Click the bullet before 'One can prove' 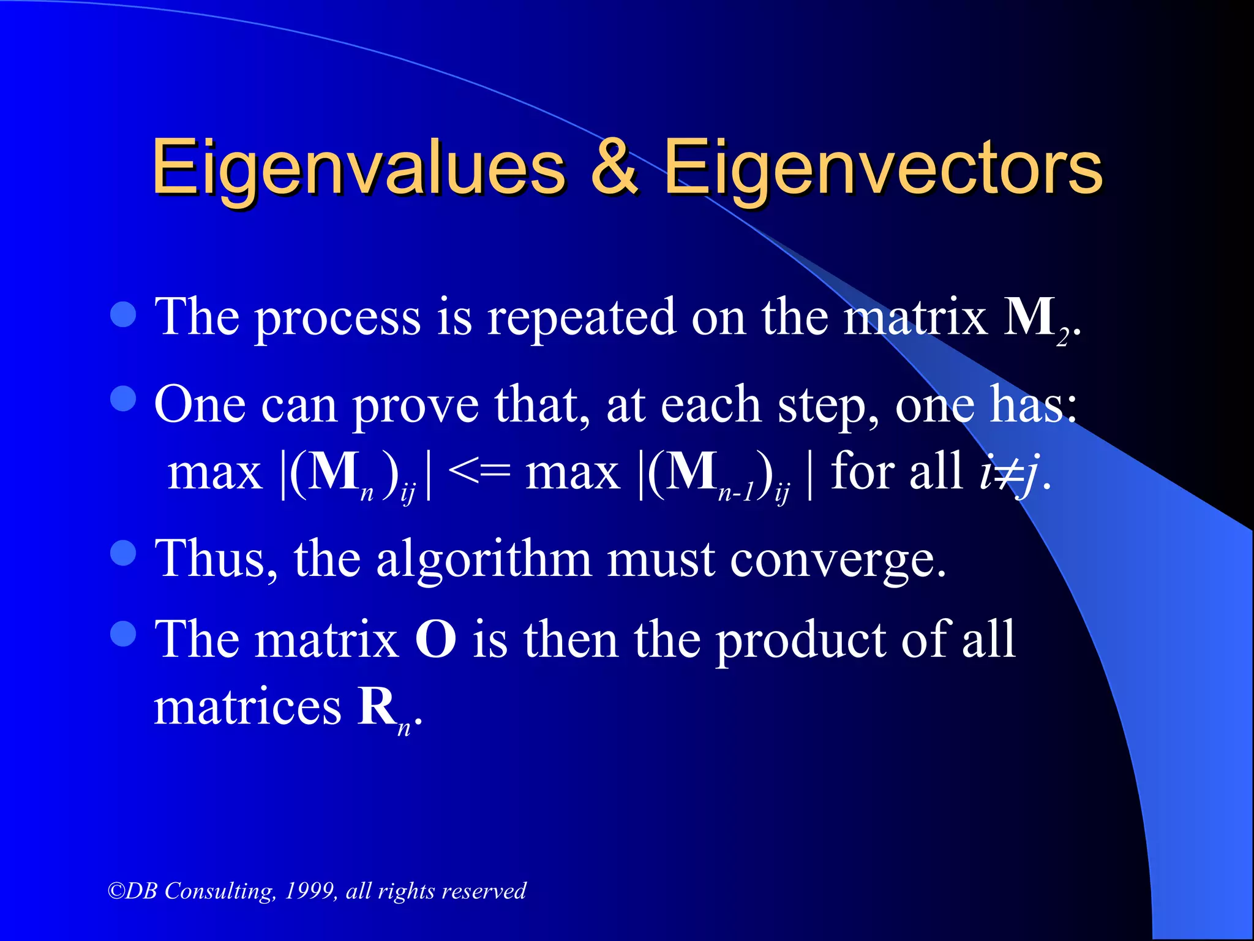[123, 399]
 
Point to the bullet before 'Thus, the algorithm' [123, 553]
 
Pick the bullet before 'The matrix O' [123, 634]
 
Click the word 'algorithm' [484, 561]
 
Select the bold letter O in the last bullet [436, 640]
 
